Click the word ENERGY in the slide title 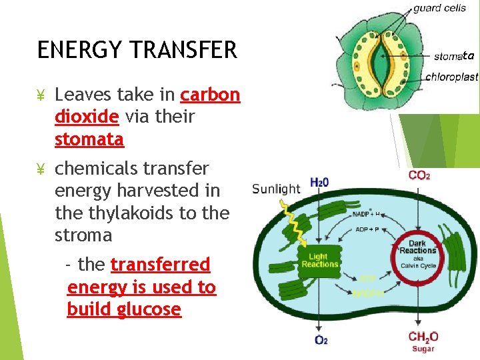coord(70,50)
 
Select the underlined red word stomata coord(89,139)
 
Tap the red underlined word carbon coord(210,95)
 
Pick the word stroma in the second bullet coord(83,235)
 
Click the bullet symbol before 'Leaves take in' coord(40,95)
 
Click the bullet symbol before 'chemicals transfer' coord(40,169)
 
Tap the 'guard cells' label coord(439,8)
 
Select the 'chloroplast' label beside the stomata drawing coord(451,77)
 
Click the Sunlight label coord(276,189)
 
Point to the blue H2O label coord(319,183)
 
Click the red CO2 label coord(419,175)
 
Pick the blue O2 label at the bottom coord(320,341)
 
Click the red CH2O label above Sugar coord(423,336)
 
